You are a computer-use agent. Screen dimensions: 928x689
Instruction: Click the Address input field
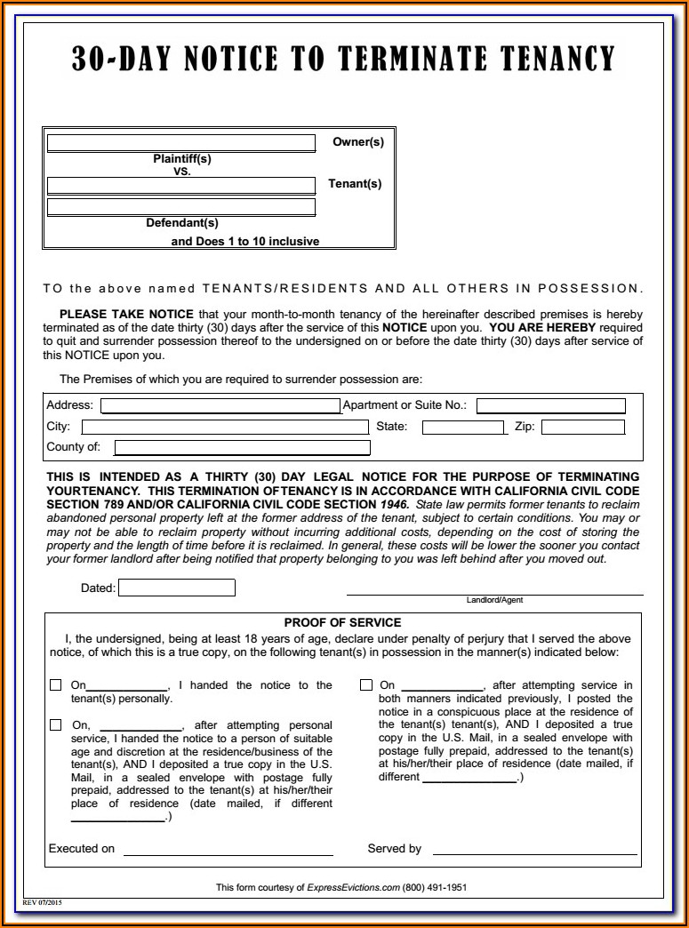[x=220, y=406]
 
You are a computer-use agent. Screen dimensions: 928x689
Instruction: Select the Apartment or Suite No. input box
[x=550, y=406]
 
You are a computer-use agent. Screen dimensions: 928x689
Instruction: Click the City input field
[x=224, y=428]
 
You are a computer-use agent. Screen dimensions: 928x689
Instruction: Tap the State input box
[x=462, y=428]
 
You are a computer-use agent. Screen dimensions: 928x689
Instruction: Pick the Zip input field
[x=582, y=428]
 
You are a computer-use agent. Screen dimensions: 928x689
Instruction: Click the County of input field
[x=242, y=448]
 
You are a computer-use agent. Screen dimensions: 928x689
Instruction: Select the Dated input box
[x=177, y=588]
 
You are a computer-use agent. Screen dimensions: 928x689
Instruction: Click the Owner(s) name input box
[x=181, y=143]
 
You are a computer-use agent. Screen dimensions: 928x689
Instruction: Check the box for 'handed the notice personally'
[x=55, y=685]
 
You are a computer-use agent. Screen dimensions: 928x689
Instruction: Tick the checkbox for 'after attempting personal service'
[x=55, y=725]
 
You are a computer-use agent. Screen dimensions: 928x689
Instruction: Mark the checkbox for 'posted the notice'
[x=366, y=685]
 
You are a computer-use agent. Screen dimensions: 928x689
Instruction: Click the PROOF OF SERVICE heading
[x=342, y=623]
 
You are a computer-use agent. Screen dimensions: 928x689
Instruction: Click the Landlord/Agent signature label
[x=494, y=601]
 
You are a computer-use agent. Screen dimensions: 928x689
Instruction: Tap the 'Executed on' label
[x=82, y=849]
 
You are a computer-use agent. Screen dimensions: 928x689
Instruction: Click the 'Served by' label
[x=394, y=849]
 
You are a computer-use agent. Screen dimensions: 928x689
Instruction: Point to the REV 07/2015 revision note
[x=42, y=902]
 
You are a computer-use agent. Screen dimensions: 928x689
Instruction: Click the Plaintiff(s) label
[x=182, y=159]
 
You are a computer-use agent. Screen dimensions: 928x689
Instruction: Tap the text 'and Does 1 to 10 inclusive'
[x=245, y=242]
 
